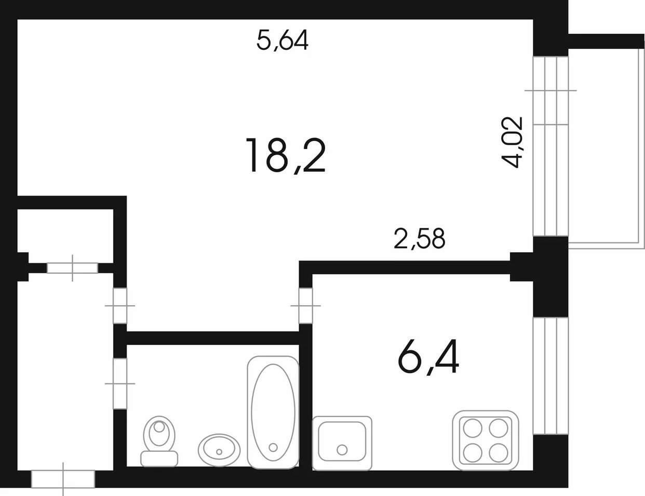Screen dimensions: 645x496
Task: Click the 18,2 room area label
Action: pyautogui.click(x=286, y=156)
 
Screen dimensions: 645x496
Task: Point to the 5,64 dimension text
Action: pyautogui.click(x=283, y=40)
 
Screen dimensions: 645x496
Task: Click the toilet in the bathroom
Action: pyautogui.click(x=159, y=441)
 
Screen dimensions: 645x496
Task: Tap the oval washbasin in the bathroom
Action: pyautogui.click(x=219, y=449)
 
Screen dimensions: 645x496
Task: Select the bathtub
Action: pyautogui.click(x=273, y=412)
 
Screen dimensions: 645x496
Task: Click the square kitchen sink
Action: pyautogui.click(x=342, y=443)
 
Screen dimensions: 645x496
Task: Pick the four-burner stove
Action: pyautogui.click(x=486, y=440)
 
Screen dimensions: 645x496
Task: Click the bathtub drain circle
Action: pyautogui.click(x=273, y=447)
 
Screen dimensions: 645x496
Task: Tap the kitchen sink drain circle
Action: pyautogui.click(x=342, y=450)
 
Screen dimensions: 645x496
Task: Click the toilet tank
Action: pyautogui.click(x=159, y=459)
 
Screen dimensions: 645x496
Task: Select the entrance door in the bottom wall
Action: pyautogui.click(x=63, y=478)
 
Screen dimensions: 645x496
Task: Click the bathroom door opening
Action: pyautogui.click(x=120, y=383)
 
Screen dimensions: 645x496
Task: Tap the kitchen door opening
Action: pyautogui.click(x=305, y=306)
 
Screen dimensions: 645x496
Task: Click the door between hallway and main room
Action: pyautogui.click(x=120, y=306)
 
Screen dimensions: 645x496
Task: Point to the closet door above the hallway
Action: pyautogui.click(x=72, y=268)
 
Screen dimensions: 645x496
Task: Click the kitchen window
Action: pyautogui.click(x=550, y=376)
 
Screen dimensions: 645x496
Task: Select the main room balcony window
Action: pyautogui.click(x=550, y=146)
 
